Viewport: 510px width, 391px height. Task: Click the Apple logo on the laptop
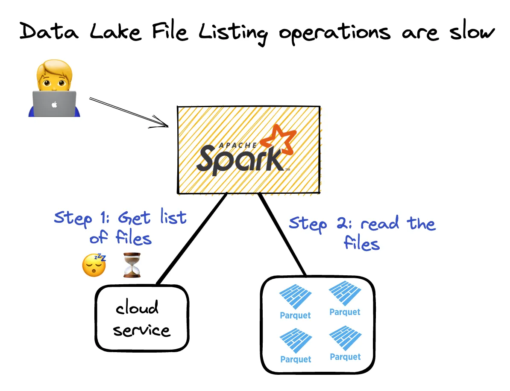click(54, 105)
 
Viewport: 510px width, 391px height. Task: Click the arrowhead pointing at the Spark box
click(164, 125)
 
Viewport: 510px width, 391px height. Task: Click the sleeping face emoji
click(94, 266)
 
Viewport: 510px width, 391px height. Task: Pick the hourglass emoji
click(132, 265)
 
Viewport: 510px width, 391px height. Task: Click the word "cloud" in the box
click(137, 307)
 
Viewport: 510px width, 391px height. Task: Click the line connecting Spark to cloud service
click(192, 239)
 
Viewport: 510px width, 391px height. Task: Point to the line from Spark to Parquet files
click(282, 235)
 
